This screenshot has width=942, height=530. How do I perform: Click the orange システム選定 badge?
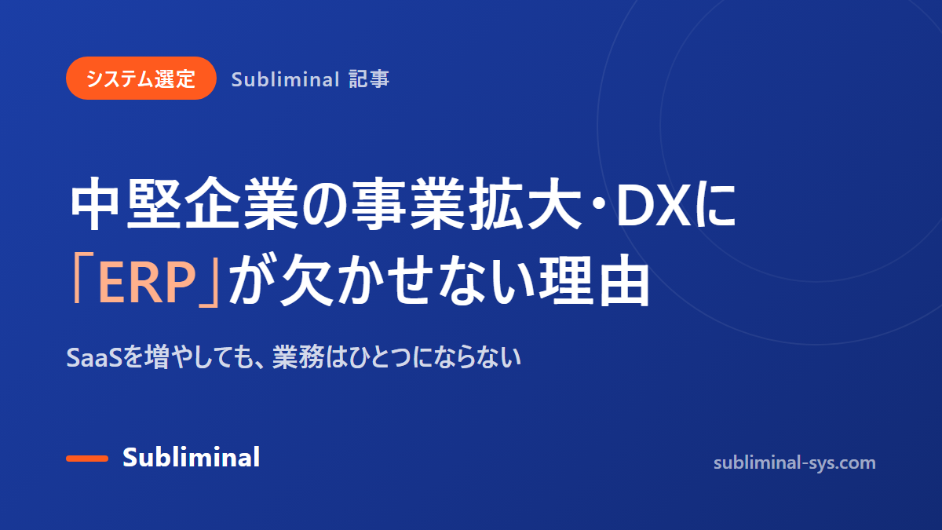point(141,79)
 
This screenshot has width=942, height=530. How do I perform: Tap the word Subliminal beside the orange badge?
point(285,79)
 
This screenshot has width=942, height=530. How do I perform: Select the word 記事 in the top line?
point(369,79)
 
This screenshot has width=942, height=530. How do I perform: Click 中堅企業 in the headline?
point(184,203)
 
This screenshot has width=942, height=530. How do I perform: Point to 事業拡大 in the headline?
point(467,203)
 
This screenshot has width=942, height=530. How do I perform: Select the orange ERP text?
point(148,282)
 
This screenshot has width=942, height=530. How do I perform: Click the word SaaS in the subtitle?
point(94,358)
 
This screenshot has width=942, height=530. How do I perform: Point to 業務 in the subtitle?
point(298,357)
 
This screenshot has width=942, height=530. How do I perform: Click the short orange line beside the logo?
point(87,459)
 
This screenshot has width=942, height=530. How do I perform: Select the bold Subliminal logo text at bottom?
point(192,457)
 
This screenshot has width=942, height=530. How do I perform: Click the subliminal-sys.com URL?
point(794,463)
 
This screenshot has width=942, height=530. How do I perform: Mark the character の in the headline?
point(326,204)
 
